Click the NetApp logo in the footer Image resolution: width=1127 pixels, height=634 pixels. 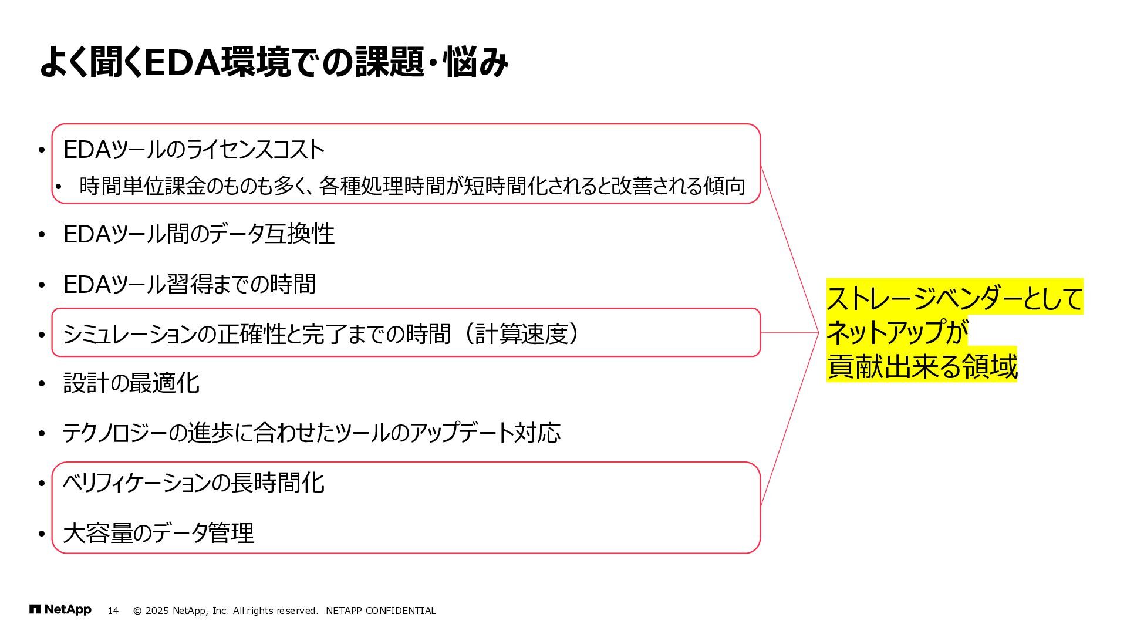click(x=60, y=610)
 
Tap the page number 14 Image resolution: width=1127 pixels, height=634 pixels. click(x=113, y=611)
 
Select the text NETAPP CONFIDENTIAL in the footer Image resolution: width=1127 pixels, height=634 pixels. click(x=381, y=611)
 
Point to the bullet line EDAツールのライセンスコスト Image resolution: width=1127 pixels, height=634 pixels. click(x=194, y=150)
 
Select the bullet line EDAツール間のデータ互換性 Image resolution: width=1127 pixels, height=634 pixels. click(x=198, y=234)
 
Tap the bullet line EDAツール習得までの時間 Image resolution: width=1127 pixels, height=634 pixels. click(x=189, y=284)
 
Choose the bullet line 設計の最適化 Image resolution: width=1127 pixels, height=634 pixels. click(x=131, y=383)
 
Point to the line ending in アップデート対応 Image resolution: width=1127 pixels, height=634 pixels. click(x=311, y=433)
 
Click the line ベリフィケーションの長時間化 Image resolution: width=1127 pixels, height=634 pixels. click(x=194, y=483)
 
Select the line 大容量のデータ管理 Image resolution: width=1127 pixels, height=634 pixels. click(x=158, y=533)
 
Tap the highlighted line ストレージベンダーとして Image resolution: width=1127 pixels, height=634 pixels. click(x=954, y=298)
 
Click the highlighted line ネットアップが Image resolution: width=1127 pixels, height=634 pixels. click(x=897, y=332)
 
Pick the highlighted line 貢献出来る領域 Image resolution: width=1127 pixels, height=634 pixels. click(x=922, y=366)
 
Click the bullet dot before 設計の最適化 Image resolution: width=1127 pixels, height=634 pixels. click(x=42, y=384)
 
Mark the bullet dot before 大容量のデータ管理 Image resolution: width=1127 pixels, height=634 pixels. click(x=42, y=534)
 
